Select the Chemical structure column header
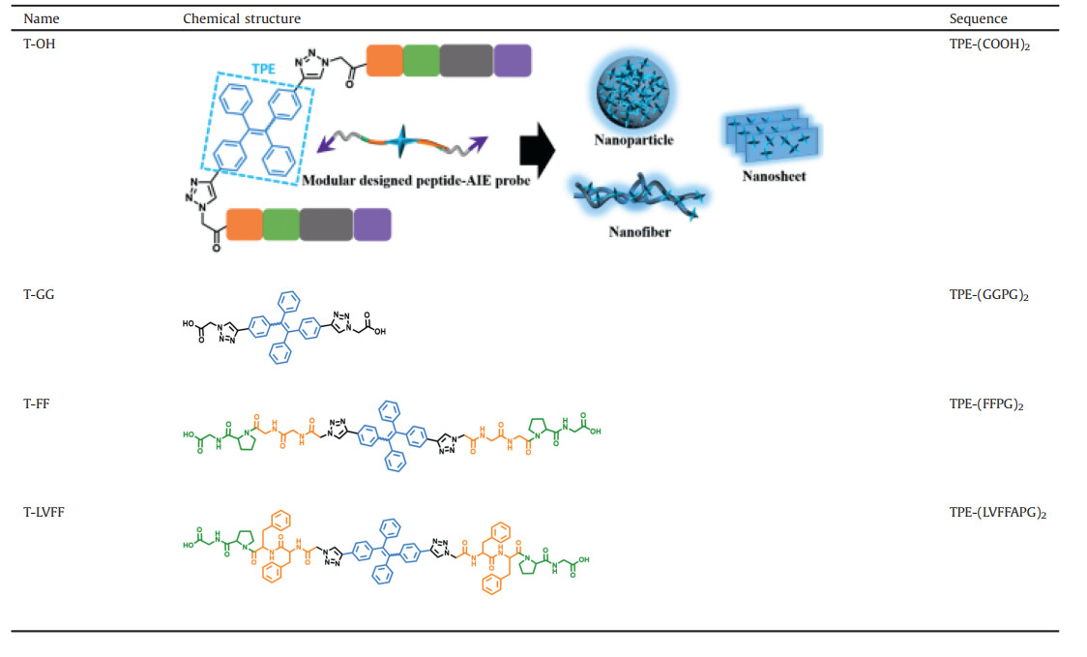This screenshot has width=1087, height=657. click(241, 18)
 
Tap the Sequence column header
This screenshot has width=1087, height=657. click(978, 18)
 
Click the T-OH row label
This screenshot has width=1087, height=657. click(41, 45)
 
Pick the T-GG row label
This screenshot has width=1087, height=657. click(39, 295)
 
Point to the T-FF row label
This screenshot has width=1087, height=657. click(38, 403)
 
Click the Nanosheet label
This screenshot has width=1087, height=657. click(774, 176)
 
